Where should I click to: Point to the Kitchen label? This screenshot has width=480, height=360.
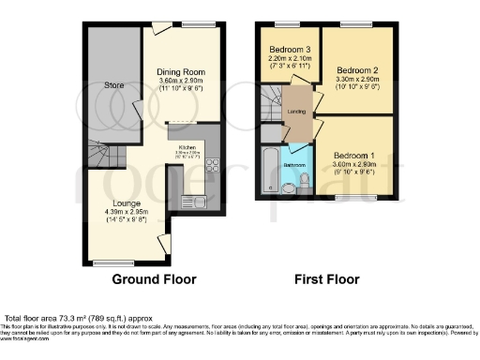tap(186, 147)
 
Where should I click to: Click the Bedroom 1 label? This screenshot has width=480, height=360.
tap(354, 153)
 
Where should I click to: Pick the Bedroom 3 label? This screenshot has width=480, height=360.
tap(290, 49)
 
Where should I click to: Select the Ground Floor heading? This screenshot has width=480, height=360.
tap(155, 279)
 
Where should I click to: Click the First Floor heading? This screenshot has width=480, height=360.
tap(327, 279)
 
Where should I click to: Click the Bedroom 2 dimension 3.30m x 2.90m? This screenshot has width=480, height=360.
tap(356, 81)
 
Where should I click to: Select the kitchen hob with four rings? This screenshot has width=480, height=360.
tap(211, 166)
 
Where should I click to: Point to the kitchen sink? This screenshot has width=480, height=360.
tap(197, 199)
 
